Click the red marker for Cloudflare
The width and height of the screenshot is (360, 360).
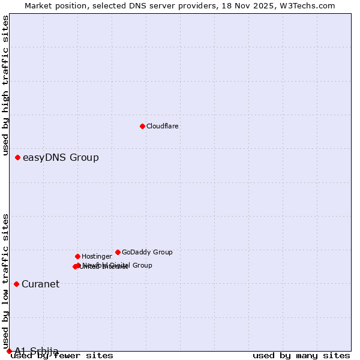click(142, 126)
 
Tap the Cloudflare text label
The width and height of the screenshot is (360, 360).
click(163, 127)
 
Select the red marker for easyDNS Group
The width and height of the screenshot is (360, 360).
click(18, 158)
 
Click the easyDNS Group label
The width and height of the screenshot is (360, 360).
click(61, 158)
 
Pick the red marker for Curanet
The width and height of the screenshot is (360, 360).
click(16, 284)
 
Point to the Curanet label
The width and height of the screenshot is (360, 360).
click(41, 284)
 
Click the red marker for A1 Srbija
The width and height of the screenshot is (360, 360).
click(9, 351)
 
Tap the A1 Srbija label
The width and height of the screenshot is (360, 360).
click(37, 351)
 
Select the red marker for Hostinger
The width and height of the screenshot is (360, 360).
click(77, 256)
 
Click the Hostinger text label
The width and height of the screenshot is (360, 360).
click(97, 257)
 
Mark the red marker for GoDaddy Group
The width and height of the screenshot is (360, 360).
click(118, 252)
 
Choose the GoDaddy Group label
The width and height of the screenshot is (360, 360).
click(147, 253)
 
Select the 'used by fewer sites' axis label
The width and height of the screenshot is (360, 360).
click(62, 356)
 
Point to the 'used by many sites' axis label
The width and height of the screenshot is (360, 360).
click(301, 356)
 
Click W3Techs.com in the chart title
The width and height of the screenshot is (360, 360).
click(309, 6)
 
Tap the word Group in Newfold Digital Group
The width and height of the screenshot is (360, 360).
click(142, 265)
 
